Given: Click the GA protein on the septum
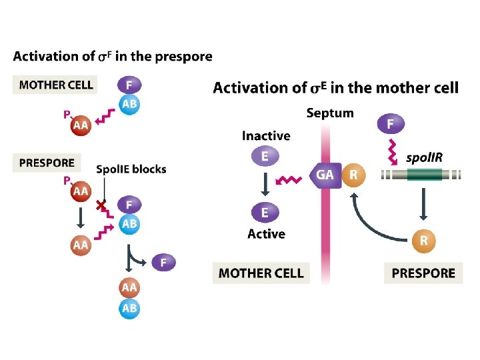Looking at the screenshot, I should [325, 176].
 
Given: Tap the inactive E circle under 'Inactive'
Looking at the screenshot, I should [265, 157].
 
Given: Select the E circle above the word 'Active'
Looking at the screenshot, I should [265, 213].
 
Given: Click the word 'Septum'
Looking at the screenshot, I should [329, 113].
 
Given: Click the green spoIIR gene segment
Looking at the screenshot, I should [420, 175].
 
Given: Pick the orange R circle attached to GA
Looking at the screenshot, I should [353, 176].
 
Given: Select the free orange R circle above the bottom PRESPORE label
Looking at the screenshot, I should [423, 241].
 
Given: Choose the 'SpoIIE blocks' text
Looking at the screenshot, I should [131, 169].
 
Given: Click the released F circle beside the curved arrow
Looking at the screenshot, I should [164, 262].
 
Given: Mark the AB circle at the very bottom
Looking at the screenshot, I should [130, 309].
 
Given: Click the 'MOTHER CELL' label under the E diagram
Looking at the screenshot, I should [261, 273].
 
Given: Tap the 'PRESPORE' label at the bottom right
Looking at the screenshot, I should [423, 273].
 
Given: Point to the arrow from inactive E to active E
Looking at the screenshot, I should [265, 184].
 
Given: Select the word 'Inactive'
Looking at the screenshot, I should [266, 136].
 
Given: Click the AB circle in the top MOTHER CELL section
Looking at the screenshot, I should [130, 105].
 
